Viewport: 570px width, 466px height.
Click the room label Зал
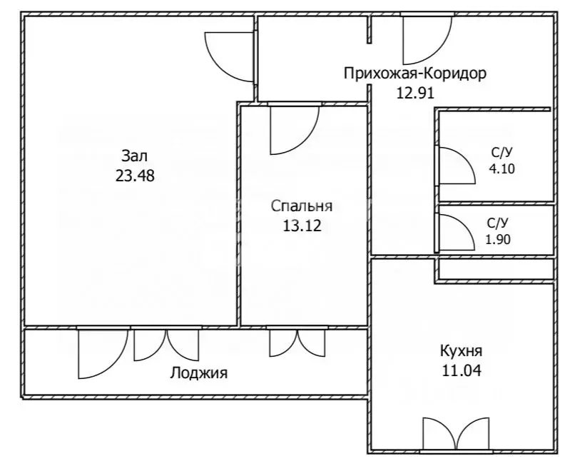134,156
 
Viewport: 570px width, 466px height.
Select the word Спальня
302,206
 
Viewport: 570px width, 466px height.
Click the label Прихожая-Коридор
414,73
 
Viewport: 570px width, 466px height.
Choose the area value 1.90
499,240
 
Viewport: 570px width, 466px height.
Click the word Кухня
460,351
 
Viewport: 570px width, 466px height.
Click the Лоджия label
198,373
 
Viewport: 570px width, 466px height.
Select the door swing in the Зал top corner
229,56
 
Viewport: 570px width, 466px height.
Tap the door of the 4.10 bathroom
454,166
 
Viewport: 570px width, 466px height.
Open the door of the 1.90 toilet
454,232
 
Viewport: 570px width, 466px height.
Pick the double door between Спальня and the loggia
297,343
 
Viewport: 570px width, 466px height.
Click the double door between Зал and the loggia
166,345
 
